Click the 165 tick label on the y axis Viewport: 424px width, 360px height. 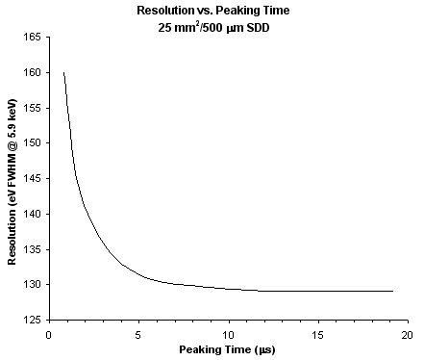[x=32, y=38]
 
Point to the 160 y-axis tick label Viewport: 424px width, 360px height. [x=32, y=73]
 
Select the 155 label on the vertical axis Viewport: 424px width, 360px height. [x=32, y=108]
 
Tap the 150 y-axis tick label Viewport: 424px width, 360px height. [x=32, y=143]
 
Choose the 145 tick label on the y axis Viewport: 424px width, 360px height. [x=32, y=179]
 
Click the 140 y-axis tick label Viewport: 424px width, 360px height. [x=32, y=214]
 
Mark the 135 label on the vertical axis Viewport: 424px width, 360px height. [x=32, y=249]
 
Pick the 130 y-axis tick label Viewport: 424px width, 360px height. [x=32, y=285]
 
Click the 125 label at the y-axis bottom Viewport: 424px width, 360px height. [x=32, y=321]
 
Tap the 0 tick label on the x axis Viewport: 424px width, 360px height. [x=49, y=336]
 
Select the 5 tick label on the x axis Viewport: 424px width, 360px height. [x=138, y=336]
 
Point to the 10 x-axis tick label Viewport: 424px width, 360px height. [x=229, y=336]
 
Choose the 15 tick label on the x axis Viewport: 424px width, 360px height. [x=318, y=336]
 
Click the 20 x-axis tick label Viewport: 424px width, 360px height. [x=408, y=336]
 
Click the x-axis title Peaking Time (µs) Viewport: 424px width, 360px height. [x=227, y=349]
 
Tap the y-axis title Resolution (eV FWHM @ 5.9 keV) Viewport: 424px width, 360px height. [x=12, y=182]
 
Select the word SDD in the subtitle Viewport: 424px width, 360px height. [x=258, y=28]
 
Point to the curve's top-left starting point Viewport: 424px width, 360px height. [x=63, y=72]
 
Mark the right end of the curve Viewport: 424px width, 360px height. [x=393, y=292]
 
